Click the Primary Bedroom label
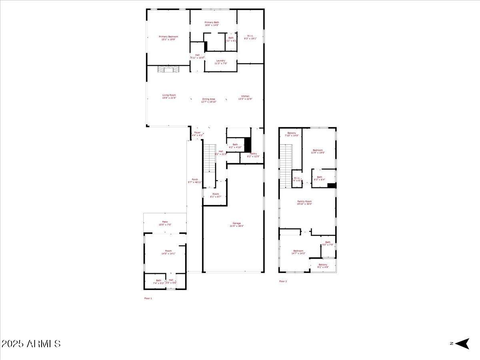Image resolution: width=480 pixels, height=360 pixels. pyautogui.click(x=168, y=38)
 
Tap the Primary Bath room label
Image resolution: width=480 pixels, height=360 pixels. pyautogui.click(x=212, y=24)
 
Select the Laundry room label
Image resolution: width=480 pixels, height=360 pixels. pyautogui.click(x=221, y=62)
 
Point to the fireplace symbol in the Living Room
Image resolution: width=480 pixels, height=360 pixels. pyautogui.click(x=168, y=70)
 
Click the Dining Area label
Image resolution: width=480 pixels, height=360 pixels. pyautogui.click(x=208, y=100)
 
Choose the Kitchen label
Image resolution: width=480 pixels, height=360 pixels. pyautogui.click(x=245, y=97)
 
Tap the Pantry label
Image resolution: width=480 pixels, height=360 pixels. pyautogui.click(x=253, y=155)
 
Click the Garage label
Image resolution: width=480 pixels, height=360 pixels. pyautogui.click(x=237, y=224)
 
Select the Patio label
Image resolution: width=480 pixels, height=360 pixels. pyautogui.click(x=165, y=223)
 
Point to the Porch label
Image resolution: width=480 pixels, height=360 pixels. pyautogui.click(x=195, y=181)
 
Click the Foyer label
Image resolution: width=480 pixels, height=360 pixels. pyautogui.click(x=198, y=134)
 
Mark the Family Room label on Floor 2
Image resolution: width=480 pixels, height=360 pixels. pyautogui.click(x=304, y=202)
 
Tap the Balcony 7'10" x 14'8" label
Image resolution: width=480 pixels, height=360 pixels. pyautogui.click(x=292, y=134)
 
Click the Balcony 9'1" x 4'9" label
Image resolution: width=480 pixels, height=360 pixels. pyautogui.click(x=323, y=266)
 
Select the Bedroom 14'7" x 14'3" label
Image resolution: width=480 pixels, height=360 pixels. pyautogui.click(x=298, y=252)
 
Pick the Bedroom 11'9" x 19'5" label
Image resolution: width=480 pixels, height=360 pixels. pyautogui.click(x=318, y=151)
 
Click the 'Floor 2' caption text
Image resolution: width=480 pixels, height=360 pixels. pyautogui.click(x=283, y=281)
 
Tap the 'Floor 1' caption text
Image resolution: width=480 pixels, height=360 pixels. pyautogui.click(x=148, y=298)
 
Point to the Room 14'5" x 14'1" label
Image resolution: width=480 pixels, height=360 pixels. pyautogui.click(x=168, y=252)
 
